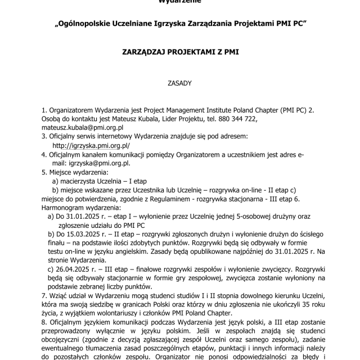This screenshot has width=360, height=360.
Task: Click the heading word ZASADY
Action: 180,83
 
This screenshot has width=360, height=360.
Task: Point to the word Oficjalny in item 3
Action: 65,137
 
